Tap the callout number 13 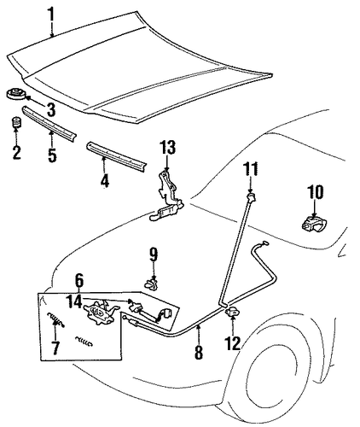(x=167, y=148)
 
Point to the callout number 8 (x=199, y=352)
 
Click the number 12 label (x=233, y=343)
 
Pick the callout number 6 (x=79, y=280)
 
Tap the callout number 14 (x=74, y=302)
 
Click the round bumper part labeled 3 (x=16, y=95)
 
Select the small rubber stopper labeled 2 (x=16, y=122)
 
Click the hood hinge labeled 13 (x=167, y=196)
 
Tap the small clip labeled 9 (x=151, y=284)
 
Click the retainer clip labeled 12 (x=233, y=312)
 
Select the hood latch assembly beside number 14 (x=100, y=313)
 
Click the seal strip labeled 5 (x=49, y=123)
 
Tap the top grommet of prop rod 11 (x=251, y=196)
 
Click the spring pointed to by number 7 (x=55, y=319)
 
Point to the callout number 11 (x=251, y=170)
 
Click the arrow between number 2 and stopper (x=16, y=137)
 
